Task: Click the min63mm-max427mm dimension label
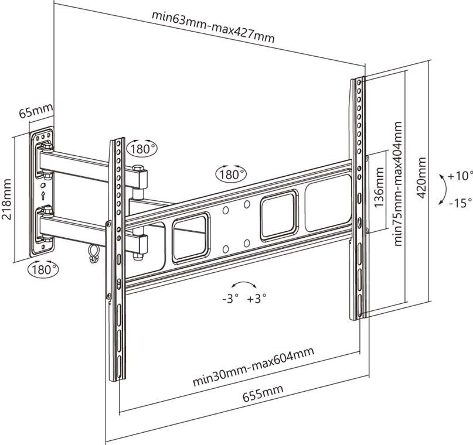213,26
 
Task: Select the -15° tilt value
460,203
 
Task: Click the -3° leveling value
230,298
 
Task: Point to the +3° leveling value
257,298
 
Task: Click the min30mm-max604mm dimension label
253,367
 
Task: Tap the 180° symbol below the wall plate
43,269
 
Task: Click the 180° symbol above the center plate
231,174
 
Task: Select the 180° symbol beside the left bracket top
142,148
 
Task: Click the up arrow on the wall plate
43,192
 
